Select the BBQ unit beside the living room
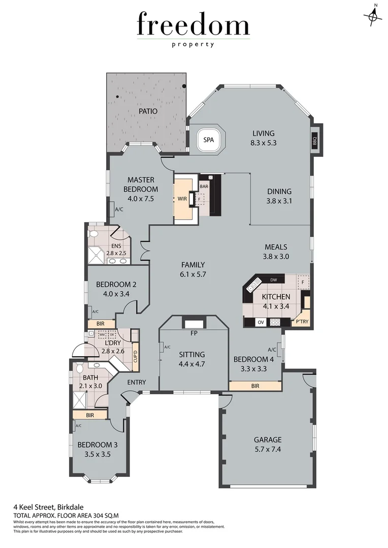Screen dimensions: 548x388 pyautogui.click(x=314, y=140)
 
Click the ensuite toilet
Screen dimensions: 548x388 pyautogui.click(x=93, y=234)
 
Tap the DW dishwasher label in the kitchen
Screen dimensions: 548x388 pyautogui.click(x=274, y=280)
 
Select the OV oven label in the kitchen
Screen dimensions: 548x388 pyautogui.click(x=261, y=322)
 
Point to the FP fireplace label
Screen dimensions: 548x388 pyautogui.click(x=193, y=334)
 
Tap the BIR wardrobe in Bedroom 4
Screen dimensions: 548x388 pyautogui.click(x=255, y=386)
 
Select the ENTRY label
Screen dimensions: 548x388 pyautogui.click(x=136, y=382)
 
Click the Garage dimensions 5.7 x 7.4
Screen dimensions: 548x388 pyautogui.click(x=267, y=450)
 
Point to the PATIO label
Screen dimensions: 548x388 pyautogui.click(x=148, y=111)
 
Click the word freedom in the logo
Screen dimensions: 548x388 pyautogui.click(x=193, y=25)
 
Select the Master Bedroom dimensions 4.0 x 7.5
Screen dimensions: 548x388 pyautogui.click(x=141, y=198)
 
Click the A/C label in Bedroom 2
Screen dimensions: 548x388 pyautogui.click(x=94, y=312)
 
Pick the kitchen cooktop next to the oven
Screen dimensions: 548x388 pyautogui.click(x=275, y=322)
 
